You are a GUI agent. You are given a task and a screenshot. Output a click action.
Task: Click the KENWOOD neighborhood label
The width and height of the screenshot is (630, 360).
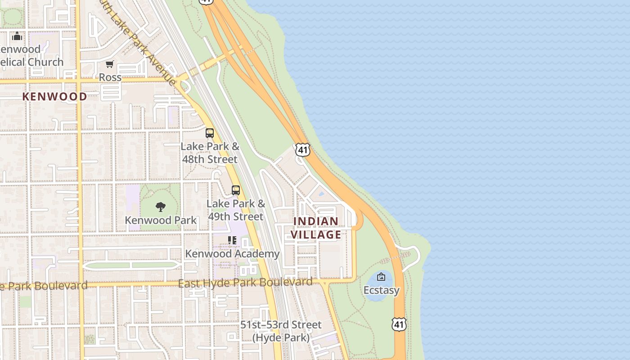point(54,96)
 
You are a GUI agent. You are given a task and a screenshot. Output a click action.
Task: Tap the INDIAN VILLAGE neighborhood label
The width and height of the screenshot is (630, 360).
point(316,228)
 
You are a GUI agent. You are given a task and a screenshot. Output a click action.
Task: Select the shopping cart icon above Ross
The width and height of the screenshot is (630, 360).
point(110,64)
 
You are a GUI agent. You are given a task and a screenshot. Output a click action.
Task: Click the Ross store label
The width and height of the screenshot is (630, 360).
point(110,77)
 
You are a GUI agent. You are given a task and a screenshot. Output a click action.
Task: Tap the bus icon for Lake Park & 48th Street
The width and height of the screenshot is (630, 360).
point(210,133)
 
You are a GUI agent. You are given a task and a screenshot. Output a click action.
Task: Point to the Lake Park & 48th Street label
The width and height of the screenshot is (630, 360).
point(210,153)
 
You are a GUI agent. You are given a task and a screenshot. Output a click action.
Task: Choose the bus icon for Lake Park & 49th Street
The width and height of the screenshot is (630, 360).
point(236,190)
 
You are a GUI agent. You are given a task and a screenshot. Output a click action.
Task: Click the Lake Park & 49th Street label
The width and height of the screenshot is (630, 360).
point(236,210)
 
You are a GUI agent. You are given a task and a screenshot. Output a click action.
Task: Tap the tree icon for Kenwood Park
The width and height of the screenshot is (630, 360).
point(161,207)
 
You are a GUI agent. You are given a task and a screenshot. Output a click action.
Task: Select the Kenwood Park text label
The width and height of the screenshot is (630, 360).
point(161,220)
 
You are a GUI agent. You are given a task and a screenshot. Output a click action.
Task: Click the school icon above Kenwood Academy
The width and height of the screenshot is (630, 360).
point(232,240)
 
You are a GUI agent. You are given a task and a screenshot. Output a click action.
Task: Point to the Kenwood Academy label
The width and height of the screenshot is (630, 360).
point(232,254)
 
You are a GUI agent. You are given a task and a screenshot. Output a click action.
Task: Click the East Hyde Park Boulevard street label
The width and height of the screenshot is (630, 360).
point(245,283)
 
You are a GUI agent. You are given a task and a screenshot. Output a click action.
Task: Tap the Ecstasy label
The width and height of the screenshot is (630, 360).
point(381,290)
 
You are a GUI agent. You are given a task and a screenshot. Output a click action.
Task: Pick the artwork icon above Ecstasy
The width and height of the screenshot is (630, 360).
point(381,277)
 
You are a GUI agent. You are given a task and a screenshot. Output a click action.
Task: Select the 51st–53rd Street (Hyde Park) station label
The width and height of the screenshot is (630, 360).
point(281,331)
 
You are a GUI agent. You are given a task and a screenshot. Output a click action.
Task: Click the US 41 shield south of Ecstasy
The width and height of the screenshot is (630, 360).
point(399,324)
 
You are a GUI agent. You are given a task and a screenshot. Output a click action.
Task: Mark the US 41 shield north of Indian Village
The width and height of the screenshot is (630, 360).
point(303,150)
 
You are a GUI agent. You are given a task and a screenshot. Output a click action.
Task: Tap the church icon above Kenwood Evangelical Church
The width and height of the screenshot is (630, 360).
point(17,36)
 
